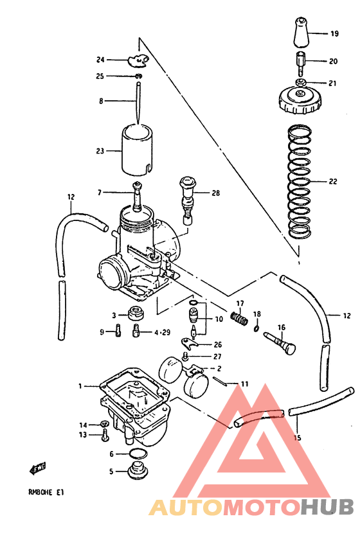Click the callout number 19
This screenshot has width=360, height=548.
click(x=334, y=33)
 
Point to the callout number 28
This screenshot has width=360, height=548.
click(x=215, y=193)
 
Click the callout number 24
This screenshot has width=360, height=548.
click(x=100, y=60)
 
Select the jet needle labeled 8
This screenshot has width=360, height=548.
click(x=138, y=100)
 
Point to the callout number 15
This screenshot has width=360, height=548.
click(x=296, y=438)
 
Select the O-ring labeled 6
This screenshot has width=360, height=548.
click(x=136, y=454)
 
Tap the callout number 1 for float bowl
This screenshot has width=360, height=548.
click(x=80, y=386)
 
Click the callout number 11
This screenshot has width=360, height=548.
click(x=244, y=384)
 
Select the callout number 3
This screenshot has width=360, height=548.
click(x=114, y=315)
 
